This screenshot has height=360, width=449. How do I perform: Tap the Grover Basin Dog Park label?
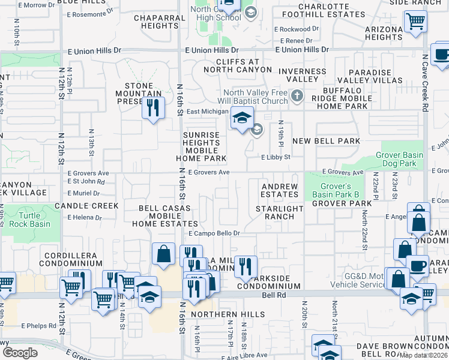click(399, 159)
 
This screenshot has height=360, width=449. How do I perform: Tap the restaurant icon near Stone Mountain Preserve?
click(153, 108)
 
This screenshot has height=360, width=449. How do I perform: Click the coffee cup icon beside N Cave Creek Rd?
click(442, 55)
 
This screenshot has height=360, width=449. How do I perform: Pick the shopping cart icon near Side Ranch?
click(415, 22)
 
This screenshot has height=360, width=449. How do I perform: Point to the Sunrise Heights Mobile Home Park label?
click(201, 147)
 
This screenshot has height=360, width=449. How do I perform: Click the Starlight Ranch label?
click(279, 212)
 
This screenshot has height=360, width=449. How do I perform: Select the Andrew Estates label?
click(280, 190)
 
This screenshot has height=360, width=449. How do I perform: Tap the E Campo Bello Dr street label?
click(214, 233)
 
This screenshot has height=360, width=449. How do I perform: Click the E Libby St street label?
click(276, 157)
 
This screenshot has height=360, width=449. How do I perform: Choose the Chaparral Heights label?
click(160, 22)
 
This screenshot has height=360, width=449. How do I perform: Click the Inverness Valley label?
click(303, 76)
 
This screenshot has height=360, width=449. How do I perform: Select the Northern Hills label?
click(228, 314)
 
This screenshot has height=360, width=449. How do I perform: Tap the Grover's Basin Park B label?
click(335, 190)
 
